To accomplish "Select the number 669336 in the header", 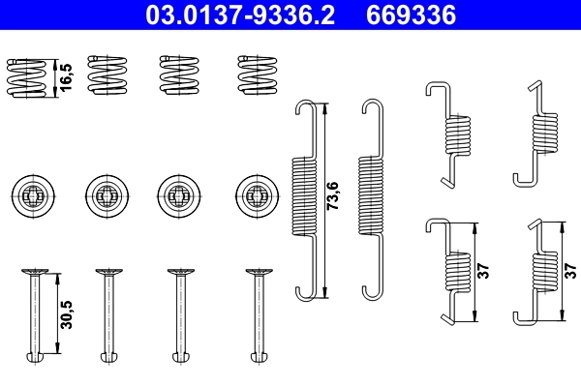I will tap(411, 15).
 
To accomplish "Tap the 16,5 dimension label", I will tap(65, 74).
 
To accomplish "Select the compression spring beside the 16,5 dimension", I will tap(27, 75).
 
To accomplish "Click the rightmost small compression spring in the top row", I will tap(256, 74).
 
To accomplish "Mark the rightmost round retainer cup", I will tap(256, 193).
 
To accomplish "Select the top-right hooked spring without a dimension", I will tap(539, 134).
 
